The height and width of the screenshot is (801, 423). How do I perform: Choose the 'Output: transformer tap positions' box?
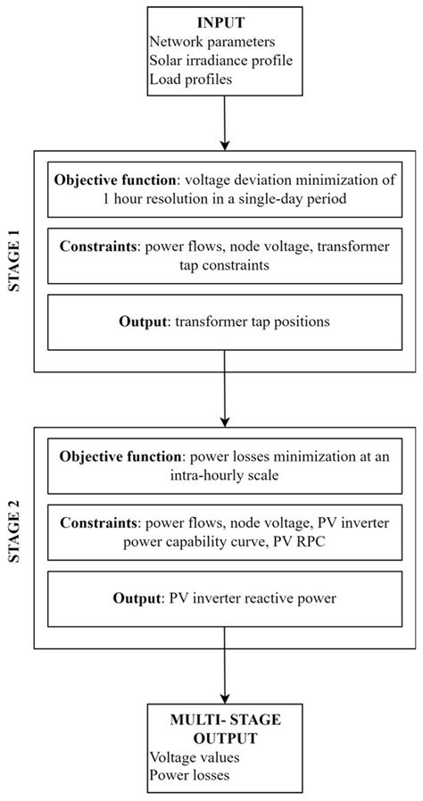[225, 324]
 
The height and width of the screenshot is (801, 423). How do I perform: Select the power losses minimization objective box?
[225, 464]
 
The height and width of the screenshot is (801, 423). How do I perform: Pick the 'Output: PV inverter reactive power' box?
[225, 597]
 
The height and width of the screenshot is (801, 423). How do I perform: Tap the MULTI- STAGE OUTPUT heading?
[225, 729]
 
